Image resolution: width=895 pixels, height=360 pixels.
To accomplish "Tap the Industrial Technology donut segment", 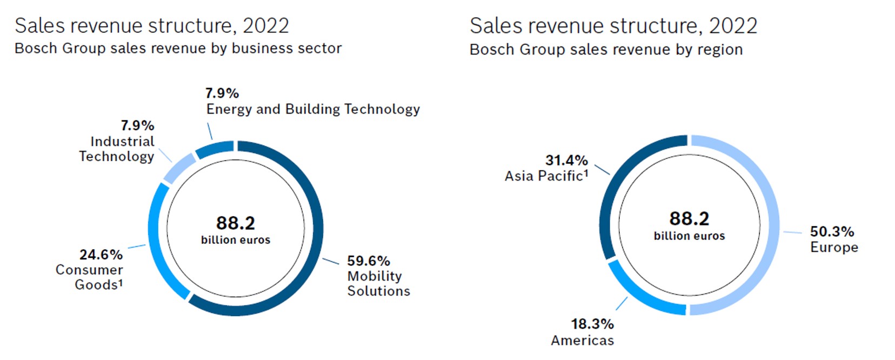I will click(179, 168).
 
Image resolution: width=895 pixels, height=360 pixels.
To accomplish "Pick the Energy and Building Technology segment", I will click(215, 149).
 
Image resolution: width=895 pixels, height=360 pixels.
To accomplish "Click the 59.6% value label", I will click(369, 261).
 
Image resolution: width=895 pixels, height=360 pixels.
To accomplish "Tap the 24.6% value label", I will click(101, 255).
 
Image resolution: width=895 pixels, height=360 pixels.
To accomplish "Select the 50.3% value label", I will click(832, 232).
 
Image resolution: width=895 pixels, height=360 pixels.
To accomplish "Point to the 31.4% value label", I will click(566, 161).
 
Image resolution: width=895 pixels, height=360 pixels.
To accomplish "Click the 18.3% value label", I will click(592, 324).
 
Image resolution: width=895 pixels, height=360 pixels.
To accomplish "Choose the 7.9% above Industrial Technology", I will click(137, 125).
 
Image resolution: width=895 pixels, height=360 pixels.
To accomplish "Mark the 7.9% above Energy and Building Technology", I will click(222, 93).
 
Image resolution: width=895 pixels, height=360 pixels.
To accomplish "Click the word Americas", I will click(582, 341).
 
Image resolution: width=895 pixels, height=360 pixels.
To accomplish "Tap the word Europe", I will click(834, 248).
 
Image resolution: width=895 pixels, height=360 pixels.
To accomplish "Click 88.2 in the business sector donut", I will click(235, 223).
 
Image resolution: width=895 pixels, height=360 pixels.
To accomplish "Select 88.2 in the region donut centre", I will click(689, 218).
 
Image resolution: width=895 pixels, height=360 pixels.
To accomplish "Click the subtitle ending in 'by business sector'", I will click(178, 49).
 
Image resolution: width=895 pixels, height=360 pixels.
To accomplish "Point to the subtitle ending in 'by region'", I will click(606, 50).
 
